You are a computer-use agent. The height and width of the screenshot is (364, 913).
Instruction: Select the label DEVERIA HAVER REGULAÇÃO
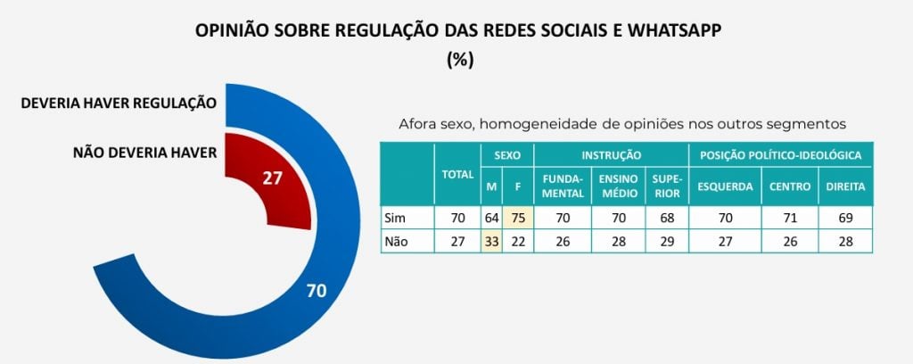119,103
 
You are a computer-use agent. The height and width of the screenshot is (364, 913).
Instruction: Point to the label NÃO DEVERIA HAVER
144,153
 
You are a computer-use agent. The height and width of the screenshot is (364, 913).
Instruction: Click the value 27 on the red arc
272,178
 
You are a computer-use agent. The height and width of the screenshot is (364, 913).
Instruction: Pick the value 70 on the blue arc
315,290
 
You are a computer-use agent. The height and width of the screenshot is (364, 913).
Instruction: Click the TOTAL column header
457,174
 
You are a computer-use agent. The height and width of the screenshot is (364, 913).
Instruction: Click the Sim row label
393,217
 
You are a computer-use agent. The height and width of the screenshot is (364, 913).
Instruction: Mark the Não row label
395,241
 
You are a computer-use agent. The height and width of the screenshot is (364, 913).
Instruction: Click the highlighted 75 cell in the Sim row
517,217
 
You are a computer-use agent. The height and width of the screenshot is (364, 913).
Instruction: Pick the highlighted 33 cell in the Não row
491,241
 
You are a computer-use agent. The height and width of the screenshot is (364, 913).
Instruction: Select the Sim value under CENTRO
789,217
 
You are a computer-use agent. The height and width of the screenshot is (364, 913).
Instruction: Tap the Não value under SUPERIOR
667,241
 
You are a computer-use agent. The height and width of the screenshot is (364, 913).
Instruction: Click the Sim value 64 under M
491,217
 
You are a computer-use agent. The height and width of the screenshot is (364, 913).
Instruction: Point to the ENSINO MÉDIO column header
618,186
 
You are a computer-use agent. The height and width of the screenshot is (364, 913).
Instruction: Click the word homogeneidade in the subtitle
554,124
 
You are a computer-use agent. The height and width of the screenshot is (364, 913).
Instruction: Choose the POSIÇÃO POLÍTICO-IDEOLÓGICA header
780,154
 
